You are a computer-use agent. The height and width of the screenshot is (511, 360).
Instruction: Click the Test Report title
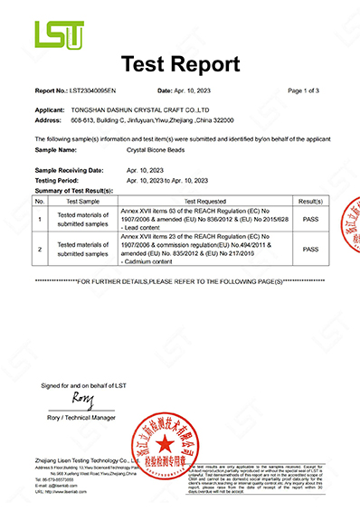click(x=180, y=65)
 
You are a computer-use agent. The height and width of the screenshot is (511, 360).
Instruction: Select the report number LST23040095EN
click(x=98, y=91)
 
